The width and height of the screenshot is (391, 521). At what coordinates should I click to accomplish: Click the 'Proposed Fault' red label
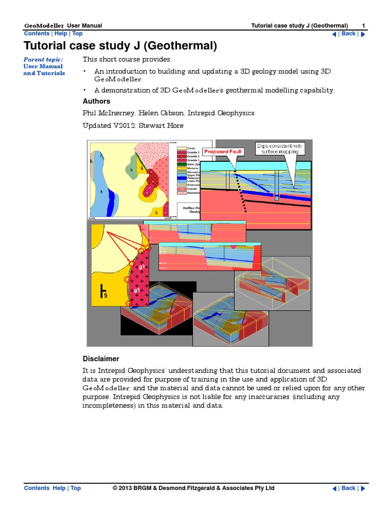222,152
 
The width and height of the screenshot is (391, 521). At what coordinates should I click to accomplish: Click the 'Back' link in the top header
348,34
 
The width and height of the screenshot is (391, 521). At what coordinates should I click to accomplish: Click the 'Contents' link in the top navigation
37,34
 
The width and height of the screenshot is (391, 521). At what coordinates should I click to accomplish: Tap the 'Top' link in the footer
76,488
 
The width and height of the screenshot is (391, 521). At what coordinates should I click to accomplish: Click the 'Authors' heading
97,101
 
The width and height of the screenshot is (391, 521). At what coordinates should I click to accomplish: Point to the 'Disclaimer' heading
101,359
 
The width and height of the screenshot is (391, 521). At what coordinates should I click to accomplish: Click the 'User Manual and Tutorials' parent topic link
44,70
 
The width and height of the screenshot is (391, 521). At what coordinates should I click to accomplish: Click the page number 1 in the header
364,26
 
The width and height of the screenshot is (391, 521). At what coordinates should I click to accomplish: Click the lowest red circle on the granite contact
128,304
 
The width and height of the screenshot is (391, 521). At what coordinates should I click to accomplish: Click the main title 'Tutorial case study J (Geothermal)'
120,47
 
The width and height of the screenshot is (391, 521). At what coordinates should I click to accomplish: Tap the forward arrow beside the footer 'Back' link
363,488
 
